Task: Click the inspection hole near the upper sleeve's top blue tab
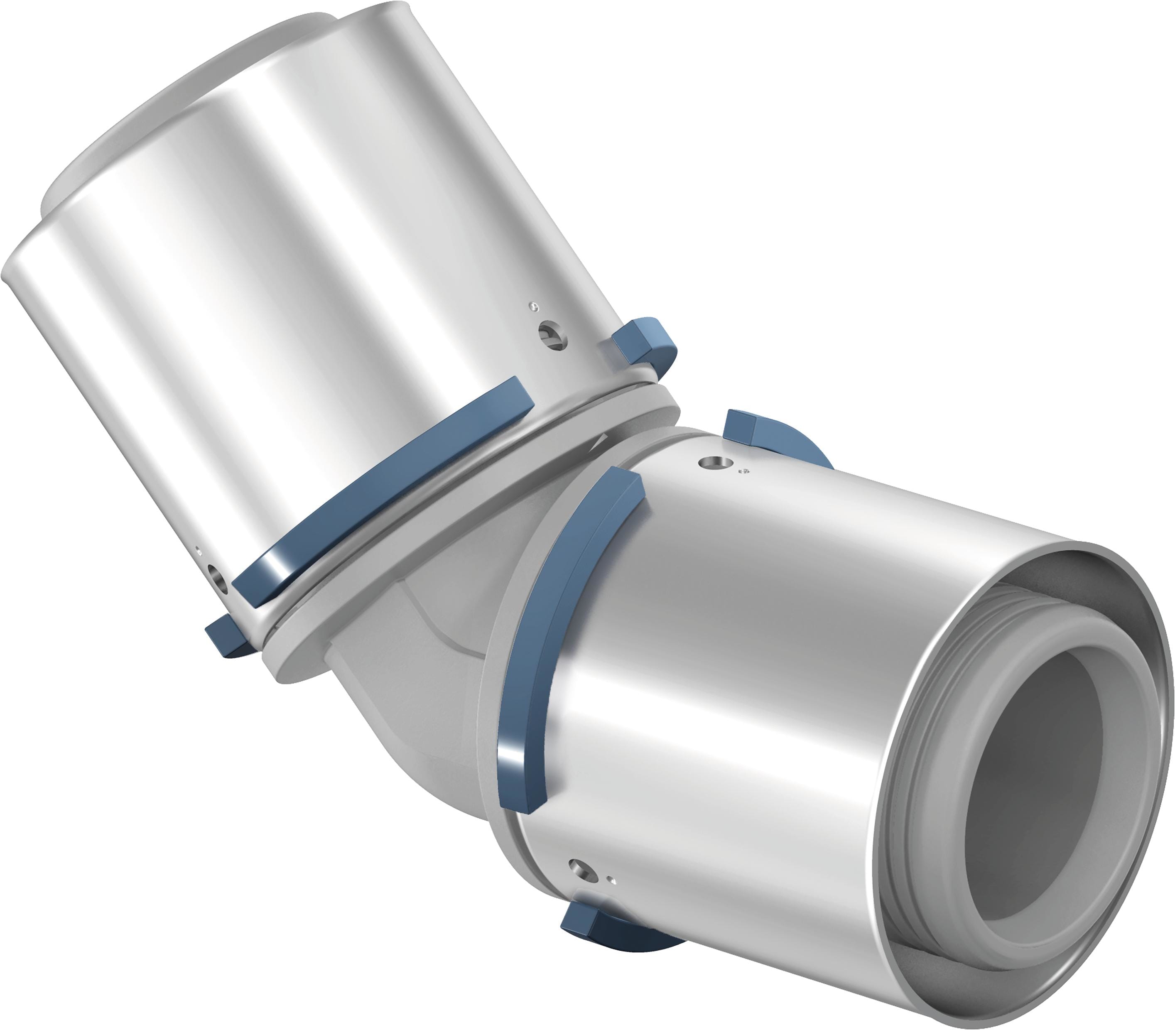point(552,334)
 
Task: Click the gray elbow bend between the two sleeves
point(414,678)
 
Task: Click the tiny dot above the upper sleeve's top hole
point(536,306)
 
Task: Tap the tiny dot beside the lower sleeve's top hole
point(745,471)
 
